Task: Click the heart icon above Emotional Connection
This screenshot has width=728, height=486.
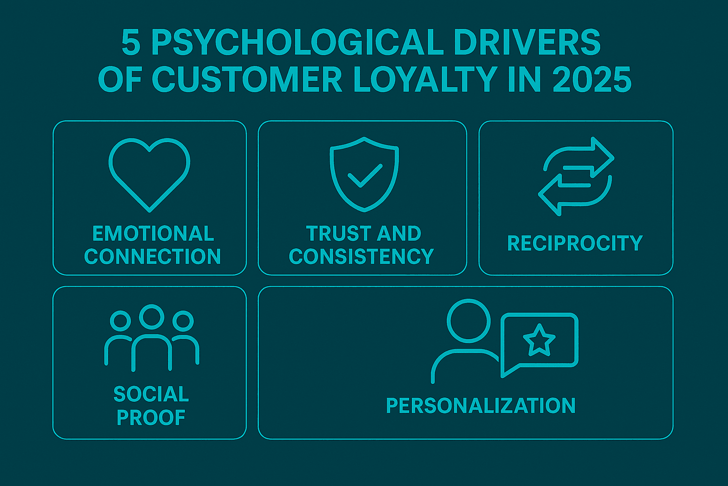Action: pos(149,173)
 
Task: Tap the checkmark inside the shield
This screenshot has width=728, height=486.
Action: pos(364,176)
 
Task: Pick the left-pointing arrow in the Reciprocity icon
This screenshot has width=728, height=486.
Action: pos(555,194)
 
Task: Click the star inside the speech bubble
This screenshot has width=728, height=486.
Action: pos(539,340)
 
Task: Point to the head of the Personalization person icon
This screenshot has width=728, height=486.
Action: pos(468,320)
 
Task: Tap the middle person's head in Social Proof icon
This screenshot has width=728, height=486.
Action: pos(151,317)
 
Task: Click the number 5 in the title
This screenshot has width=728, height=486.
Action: pos(131,44)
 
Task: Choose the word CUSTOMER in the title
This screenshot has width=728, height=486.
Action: pos(247,80)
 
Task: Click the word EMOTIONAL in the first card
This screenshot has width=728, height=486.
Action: pos(153,234)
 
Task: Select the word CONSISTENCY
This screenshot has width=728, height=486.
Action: pos(361,256)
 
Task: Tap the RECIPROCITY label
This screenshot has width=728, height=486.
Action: pos(574,243)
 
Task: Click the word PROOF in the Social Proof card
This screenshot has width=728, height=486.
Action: pos(151,418)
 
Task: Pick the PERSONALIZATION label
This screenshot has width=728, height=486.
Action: pos(481,406)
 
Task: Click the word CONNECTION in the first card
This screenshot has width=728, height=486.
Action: pos(153,256)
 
